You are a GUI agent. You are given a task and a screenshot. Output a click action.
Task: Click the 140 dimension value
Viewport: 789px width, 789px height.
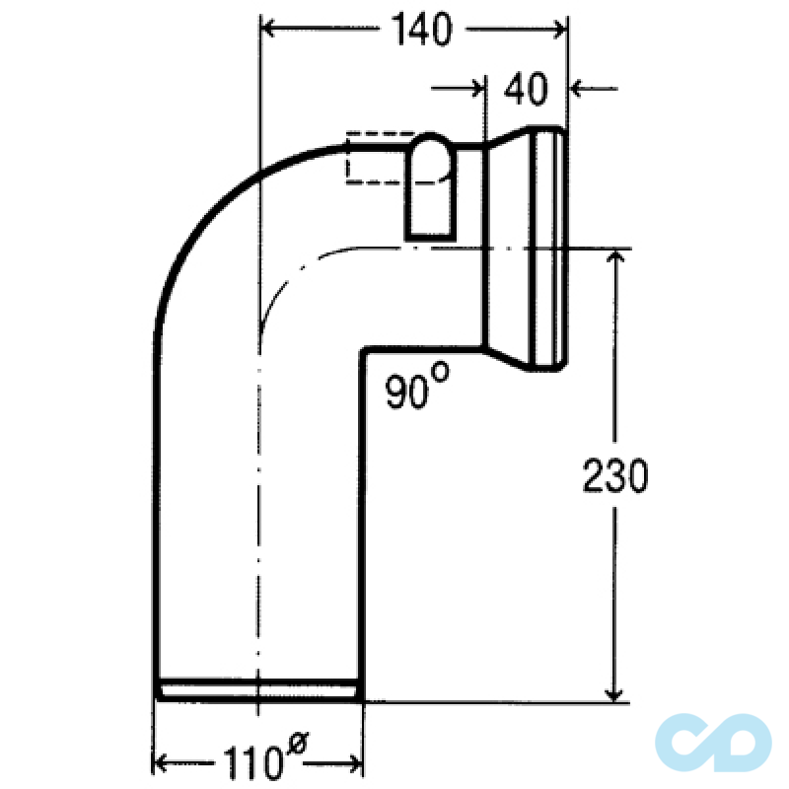pyautogui.click(x=422, y=30)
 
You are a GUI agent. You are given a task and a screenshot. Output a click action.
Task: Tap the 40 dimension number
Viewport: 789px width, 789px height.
pyautogui.click(x=526, y=89)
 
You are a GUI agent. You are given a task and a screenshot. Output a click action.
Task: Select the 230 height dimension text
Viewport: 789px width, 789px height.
pyautogui.click(x=614, y=475)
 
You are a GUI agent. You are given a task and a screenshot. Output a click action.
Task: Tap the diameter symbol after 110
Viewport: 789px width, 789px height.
pyautogui.click(x=297, y=743)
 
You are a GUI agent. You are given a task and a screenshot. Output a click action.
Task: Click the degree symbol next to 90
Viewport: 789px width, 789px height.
pyautogui.click(x=440, y=372)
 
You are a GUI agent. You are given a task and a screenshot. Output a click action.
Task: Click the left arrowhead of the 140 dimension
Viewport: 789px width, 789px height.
pyautogui.click(x=266, y=29)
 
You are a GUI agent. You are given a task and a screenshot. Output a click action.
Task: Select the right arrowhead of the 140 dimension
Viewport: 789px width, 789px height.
pyautogui.click(x=560, y=30)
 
